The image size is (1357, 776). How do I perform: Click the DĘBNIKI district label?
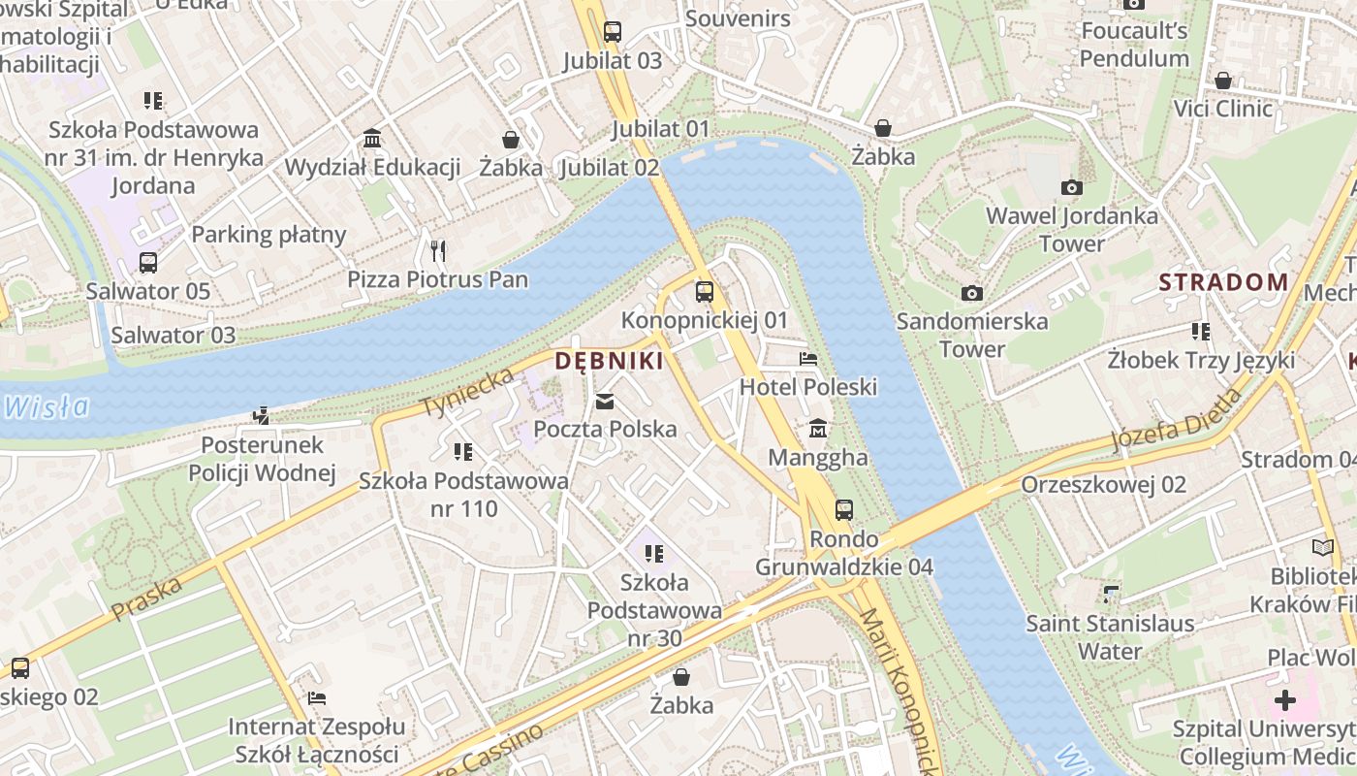(609, 362)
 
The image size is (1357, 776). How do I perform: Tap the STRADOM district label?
(1224, 282)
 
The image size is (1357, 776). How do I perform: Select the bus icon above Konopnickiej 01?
(705, 291)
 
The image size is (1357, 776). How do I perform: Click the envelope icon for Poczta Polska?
(605, 401)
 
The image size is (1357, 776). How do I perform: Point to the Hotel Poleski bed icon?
(807, 359)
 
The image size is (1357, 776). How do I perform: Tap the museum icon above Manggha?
(818, 428)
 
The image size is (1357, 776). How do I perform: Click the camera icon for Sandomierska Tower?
(971, 293)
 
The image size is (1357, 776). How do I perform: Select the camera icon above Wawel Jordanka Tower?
(1071, 187)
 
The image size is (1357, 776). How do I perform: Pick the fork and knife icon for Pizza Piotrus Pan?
(438, 251)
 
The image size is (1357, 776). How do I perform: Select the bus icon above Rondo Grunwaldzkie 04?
(844, 510)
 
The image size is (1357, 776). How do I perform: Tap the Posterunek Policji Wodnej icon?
(261, 416)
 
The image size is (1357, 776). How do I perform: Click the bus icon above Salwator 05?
(148, 263)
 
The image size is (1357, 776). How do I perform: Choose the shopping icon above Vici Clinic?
(1223, 80)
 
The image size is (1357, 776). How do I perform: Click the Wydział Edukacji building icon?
(372, 139)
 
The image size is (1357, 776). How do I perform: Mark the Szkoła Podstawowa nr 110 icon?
(463, 452)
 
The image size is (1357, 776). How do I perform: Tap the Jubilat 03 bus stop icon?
(612, 31)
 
